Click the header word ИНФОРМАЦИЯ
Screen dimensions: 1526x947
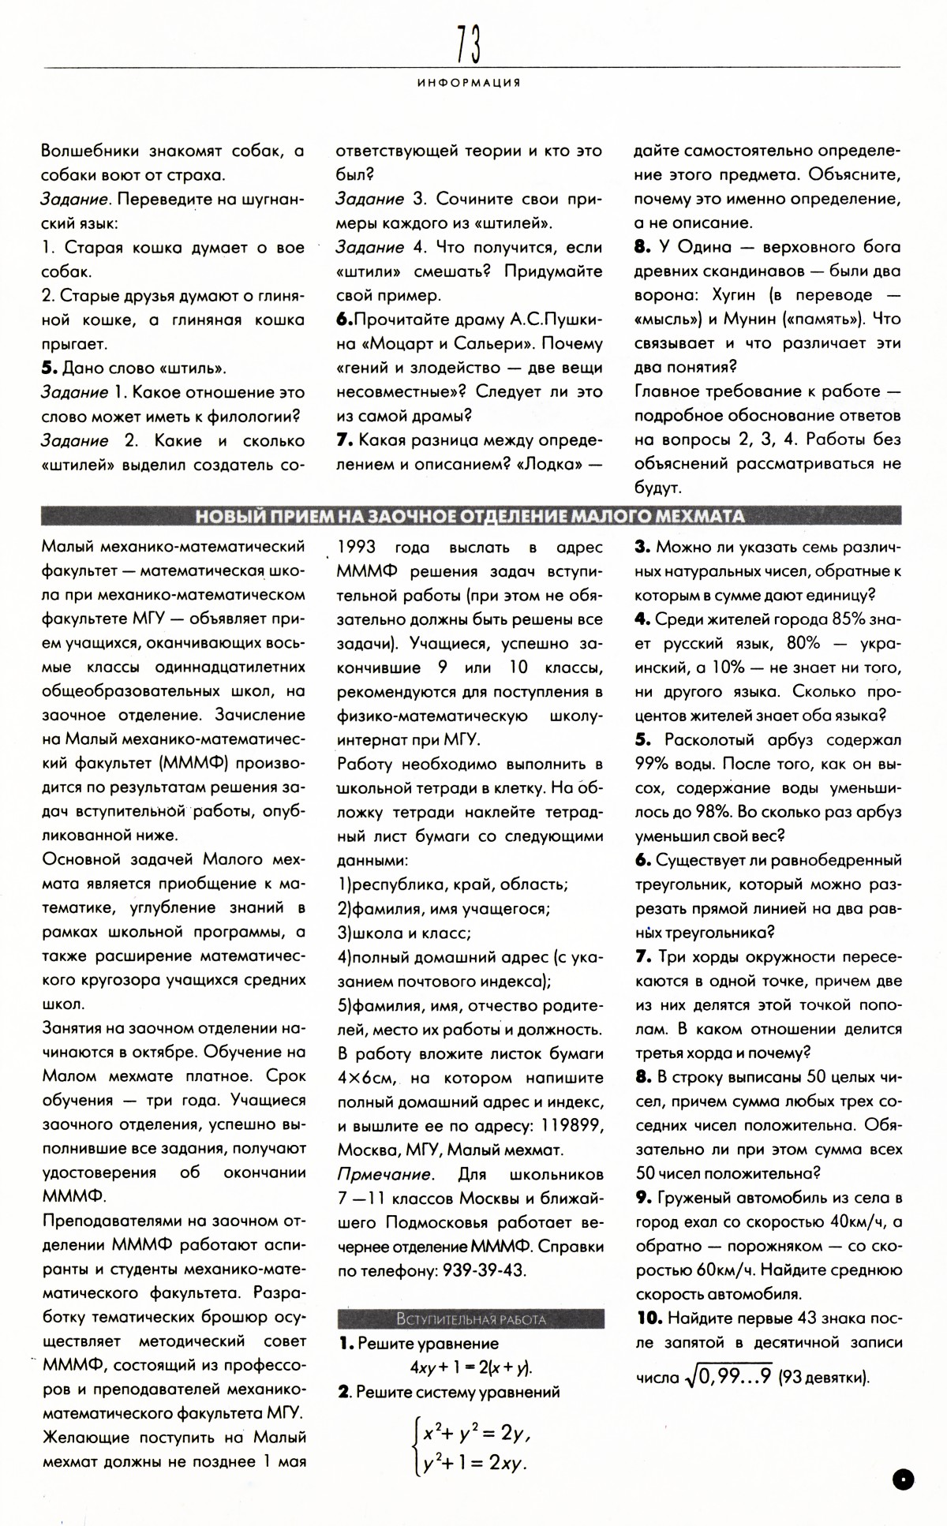click(469, 83)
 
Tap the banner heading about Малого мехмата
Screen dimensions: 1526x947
click(470, 517)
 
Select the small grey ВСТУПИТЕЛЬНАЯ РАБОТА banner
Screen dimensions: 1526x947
click(470, 1318)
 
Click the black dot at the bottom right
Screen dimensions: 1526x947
click(904, 1478)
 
